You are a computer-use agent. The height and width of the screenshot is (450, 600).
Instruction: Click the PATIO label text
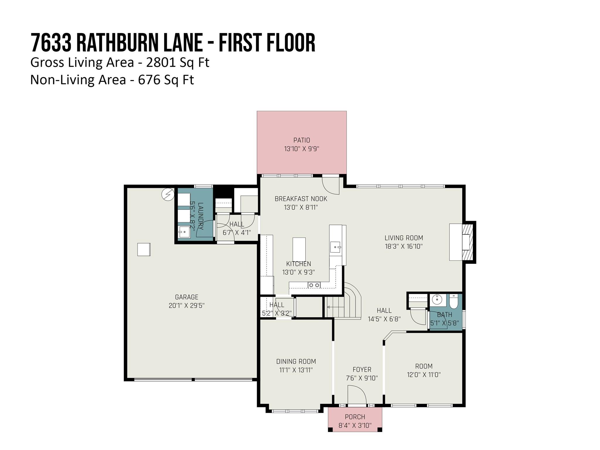click(x=301, y=140)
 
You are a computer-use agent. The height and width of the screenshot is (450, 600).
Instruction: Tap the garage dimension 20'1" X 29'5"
click(x=186, y=306)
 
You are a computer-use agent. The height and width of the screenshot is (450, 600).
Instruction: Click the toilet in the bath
click(x=453, y=302)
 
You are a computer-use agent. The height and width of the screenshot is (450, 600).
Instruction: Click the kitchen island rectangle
click(x=299, y=249)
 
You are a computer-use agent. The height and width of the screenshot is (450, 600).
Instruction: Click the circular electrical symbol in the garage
click(x=168, y=194)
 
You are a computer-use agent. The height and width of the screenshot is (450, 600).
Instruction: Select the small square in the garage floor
click(x=144, y=249)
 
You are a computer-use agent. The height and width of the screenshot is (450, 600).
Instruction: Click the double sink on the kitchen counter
click(x=314, y=285)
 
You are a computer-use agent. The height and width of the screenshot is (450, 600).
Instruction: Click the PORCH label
click(x=355, y=417)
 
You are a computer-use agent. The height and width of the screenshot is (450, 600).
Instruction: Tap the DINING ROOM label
click(x=296, y=362)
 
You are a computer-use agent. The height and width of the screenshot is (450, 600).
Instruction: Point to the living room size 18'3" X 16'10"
click(x=404, y=246)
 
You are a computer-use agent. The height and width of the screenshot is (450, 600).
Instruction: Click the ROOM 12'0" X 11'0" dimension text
click(x=424, y=375)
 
